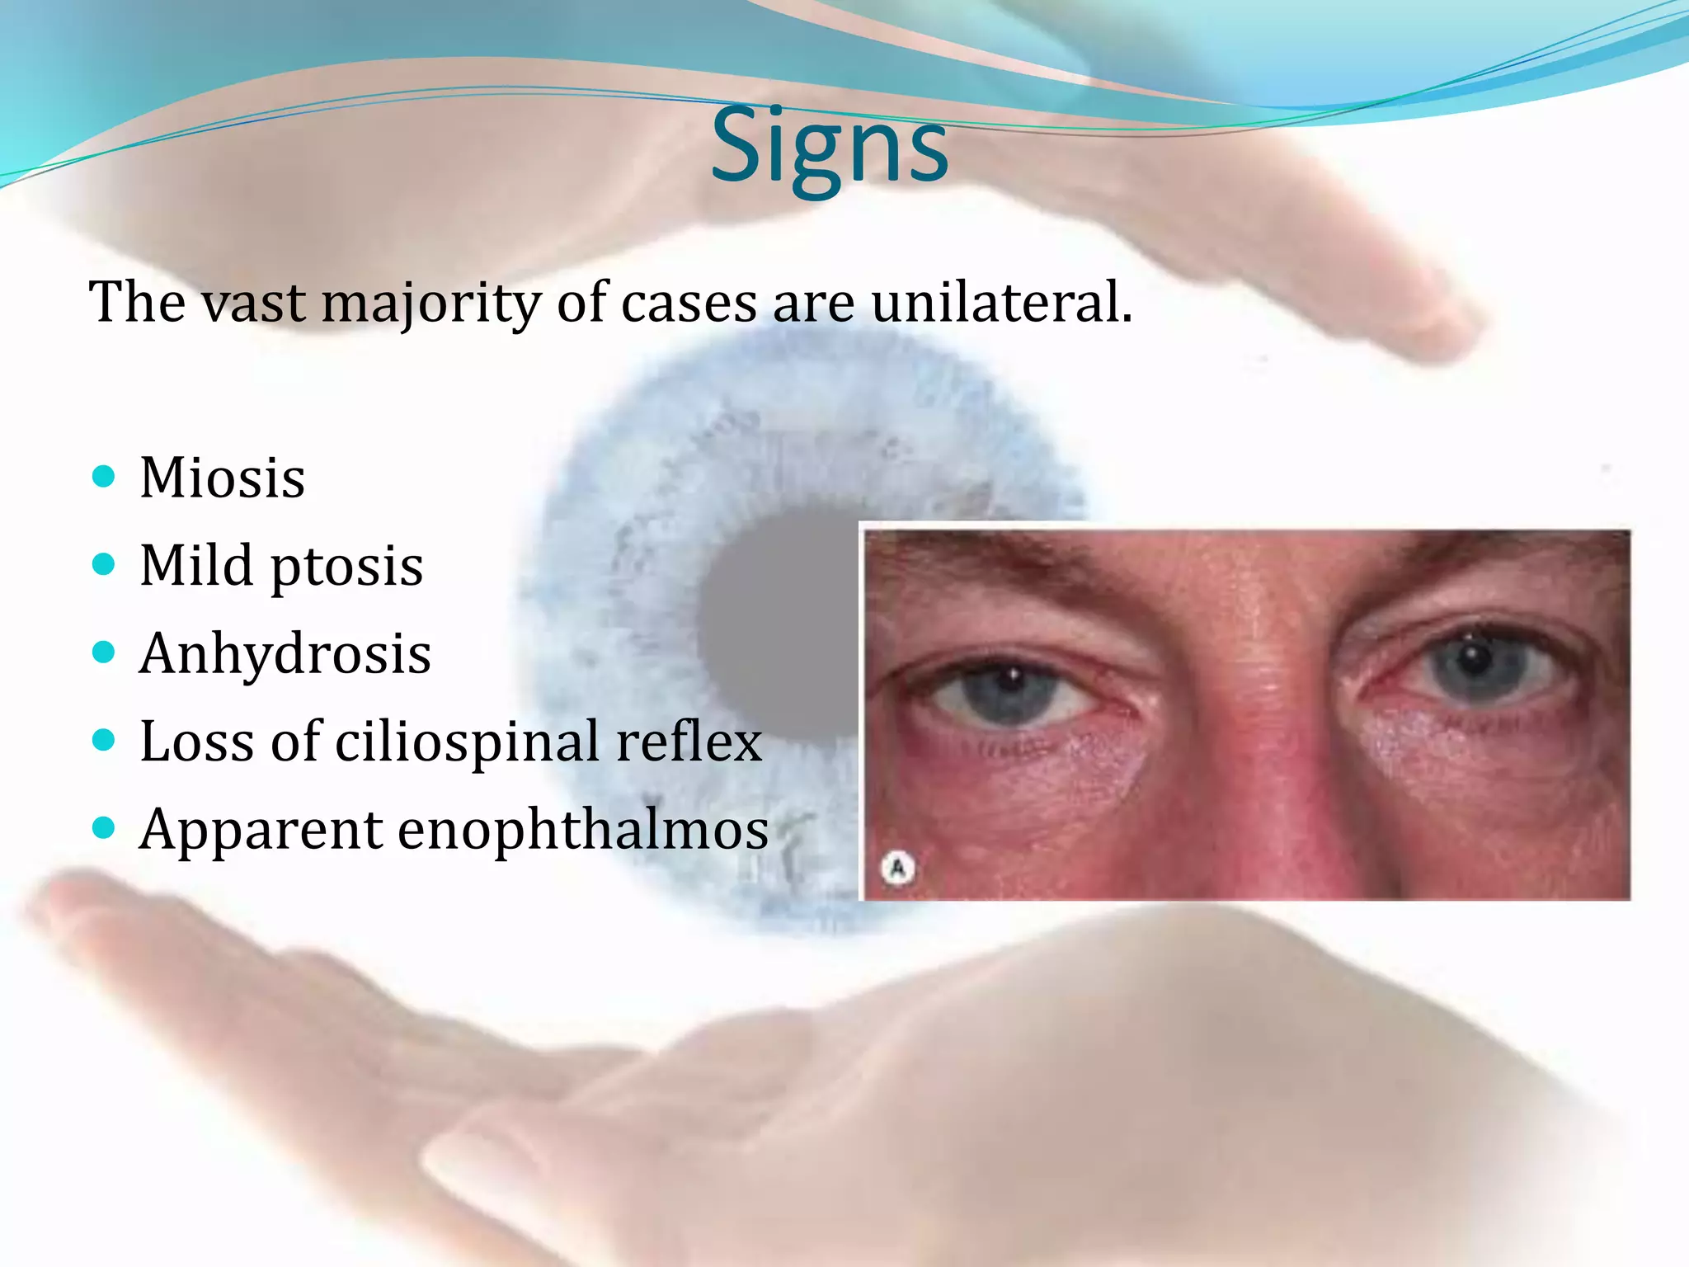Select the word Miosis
tap(223, 478)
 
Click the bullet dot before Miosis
tap(104, 476)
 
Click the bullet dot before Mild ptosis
tap(104, 564)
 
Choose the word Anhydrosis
tap(285, 654)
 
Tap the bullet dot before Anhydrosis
tap(104, 652)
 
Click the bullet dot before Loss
tap(104, 740)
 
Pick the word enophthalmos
tap(583, 830)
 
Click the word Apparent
tap(261, 831)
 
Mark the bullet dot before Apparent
tap(104, 827)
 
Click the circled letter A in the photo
tap(898, 868)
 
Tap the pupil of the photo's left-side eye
tap(1011, 685)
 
